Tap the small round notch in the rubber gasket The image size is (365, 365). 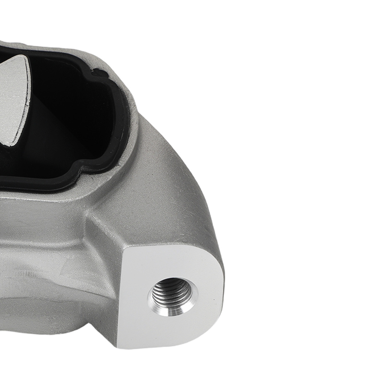point(96,75)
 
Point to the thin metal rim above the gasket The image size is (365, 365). point(73,49)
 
